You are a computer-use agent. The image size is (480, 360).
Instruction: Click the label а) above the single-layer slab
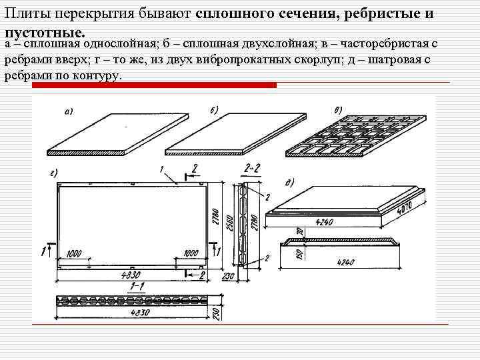[x=68, y=111]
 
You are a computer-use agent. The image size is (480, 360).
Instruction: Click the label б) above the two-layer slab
[x=215, y=110]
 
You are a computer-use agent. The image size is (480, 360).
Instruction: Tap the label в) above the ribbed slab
[x=339, y=110]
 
